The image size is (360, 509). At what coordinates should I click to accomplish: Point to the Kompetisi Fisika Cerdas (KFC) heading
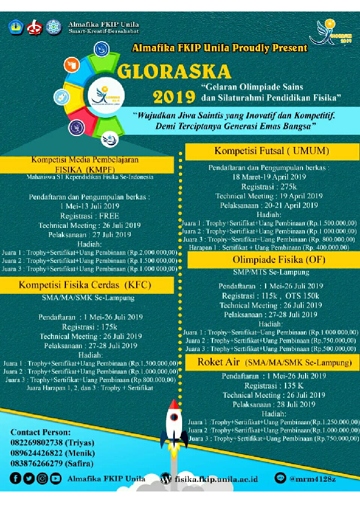click(85, 284)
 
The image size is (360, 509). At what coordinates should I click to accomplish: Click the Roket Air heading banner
click(274, 362)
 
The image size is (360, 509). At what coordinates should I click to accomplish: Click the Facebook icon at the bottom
click(16, 478)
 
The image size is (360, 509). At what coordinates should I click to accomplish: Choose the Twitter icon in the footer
click(29, 478)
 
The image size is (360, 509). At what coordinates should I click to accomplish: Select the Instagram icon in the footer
click(42, 478)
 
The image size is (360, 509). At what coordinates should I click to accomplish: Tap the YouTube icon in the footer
click(56, 478)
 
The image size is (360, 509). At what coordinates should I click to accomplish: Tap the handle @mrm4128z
click(314, 479)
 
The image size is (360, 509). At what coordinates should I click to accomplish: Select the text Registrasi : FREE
click(88, 215)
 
